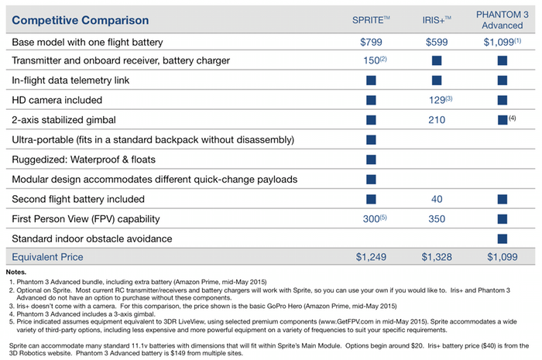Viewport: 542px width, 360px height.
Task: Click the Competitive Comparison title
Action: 81,20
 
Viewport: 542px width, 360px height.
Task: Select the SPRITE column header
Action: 371,20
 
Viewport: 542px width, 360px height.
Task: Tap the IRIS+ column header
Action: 437,20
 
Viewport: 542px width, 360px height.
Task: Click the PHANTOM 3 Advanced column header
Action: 503,20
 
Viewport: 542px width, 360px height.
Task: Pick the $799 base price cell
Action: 371,42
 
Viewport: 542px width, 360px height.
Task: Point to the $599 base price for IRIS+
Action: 437,42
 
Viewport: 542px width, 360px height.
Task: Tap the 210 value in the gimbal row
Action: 437,120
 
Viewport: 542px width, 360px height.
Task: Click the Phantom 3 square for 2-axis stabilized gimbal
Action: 503,120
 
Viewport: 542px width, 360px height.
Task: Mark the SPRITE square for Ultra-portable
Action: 371,139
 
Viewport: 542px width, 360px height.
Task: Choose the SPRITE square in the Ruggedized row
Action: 371,159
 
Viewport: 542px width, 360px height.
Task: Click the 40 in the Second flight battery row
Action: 437,199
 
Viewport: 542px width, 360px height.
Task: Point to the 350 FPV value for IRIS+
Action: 437,218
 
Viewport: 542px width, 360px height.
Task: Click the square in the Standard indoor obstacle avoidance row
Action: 503,238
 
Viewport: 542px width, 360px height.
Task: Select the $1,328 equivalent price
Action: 437,257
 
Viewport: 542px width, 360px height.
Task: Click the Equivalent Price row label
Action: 47,257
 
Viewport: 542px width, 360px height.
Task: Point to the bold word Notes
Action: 16,272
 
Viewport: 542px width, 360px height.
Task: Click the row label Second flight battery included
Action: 78,199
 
